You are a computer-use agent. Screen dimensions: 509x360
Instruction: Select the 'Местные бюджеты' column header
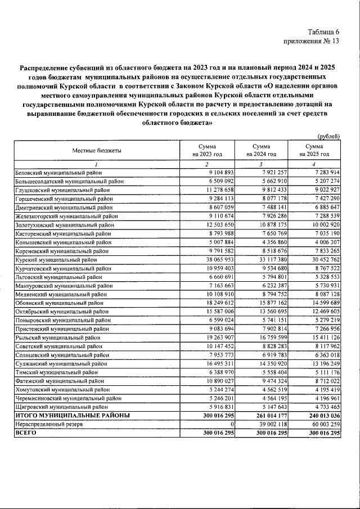tap(96, 150)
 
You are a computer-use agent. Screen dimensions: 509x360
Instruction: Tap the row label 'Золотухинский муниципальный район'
tap(66, 225)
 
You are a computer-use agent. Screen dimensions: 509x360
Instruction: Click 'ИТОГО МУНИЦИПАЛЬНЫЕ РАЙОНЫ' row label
tap(73, 416)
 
